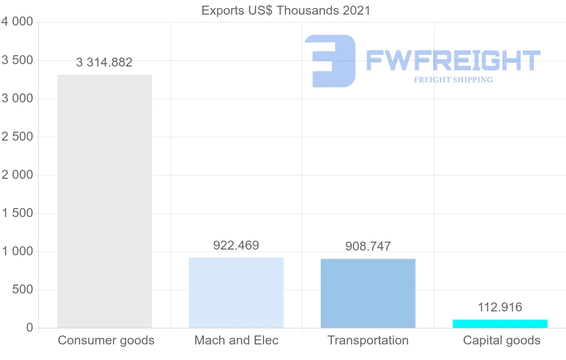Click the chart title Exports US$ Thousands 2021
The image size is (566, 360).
(x=286, y=10)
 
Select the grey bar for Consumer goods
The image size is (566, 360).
(x=104, y=201)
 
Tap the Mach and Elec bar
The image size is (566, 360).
(x=236, y=293)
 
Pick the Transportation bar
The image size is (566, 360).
(x=368, y=293)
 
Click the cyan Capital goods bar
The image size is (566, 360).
(x=500, y=324)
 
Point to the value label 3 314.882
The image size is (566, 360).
(x=104, y=62)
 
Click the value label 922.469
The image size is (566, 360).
(x=236, y=245)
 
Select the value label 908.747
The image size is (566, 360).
(x=368, y=246)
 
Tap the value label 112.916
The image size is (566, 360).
(x=500, y=308)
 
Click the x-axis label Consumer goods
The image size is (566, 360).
(x=106, y=340)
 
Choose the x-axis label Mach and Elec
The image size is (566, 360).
(x=236, y=340)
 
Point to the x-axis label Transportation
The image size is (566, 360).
(x=368, y=340)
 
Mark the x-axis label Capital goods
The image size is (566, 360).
(x=502, y=340)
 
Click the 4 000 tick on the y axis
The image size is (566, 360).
(x=17, y=22)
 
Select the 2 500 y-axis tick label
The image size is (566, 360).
(x=17, y=137)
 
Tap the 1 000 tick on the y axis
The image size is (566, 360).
(x=17, y=251)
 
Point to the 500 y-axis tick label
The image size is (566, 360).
(x=22, y=290)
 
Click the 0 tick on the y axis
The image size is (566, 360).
(x=29, y=328)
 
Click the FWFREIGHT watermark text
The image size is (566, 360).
(x=453, y=61)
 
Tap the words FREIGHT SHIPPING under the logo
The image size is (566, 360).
(x=453, y=80)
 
